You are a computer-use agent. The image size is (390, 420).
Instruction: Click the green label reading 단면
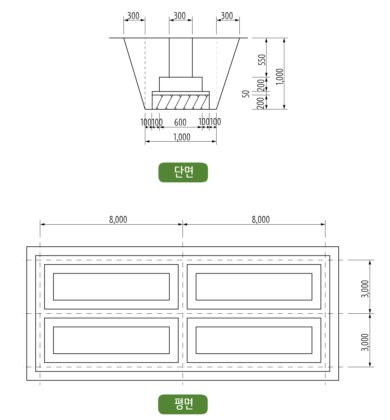coord(183,172)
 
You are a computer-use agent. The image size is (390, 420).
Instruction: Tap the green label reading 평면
coord(183,404)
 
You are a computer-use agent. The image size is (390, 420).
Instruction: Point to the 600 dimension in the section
coord(180,123)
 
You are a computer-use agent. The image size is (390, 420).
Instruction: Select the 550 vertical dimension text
coord(262,60)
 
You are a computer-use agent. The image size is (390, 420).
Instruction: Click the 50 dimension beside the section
coord(246,94)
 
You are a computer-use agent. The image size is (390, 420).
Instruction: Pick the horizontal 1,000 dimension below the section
coord(182,137)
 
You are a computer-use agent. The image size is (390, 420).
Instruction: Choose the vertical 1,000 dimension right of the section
coord(280,77)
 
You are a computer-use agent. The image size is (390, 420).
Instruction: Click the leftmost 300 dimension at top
coord(133,16)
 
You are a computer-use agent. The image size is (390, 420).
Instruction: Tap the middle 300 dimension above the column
coord(180,16)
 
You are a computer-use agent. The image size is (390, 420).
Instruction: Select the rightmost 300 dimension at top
coord(227,16)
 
